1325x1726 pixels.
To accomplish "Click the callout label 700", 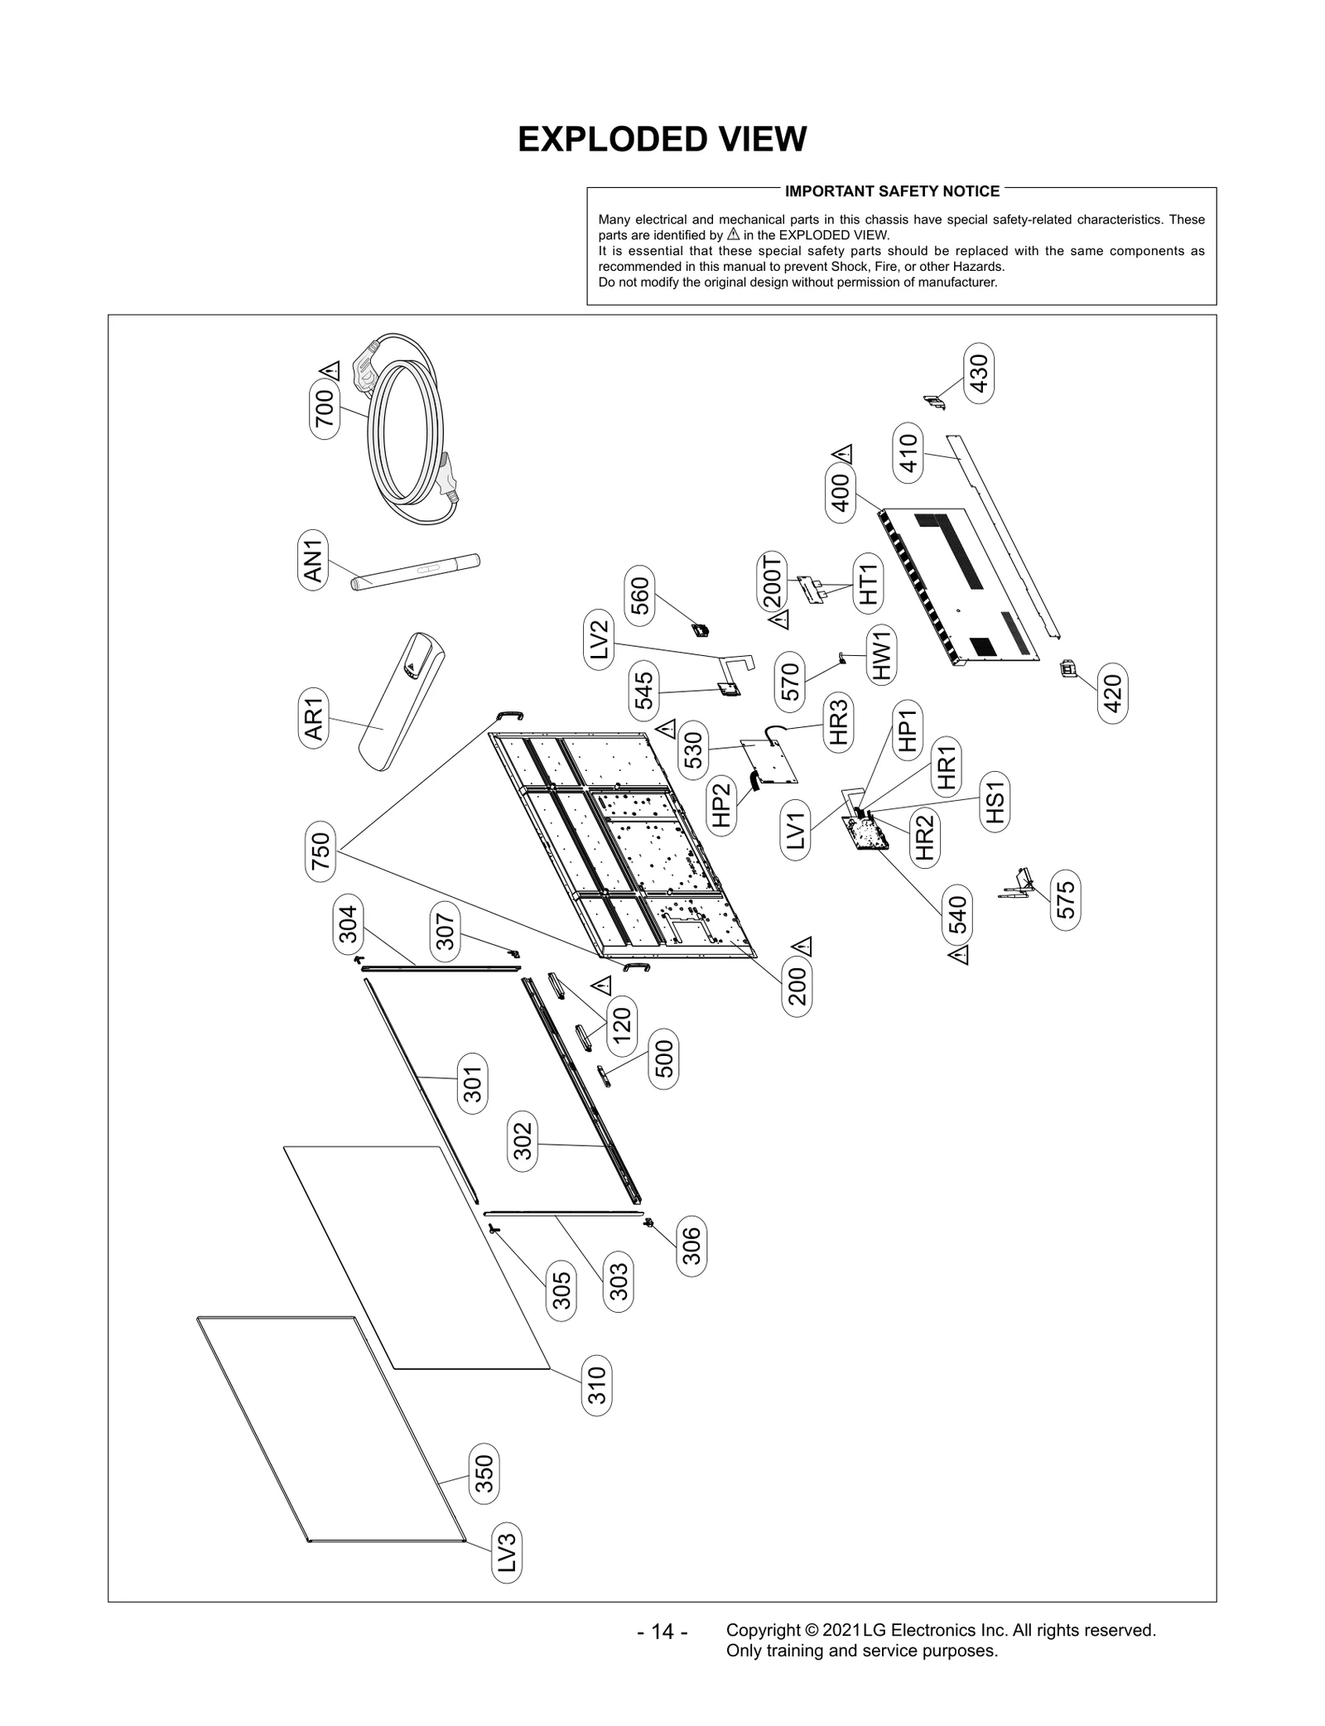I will point(325,407).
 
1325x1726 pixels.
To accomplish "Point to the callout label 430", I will point(980,374).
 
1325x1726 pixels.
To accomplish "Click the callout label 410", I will point(908,453).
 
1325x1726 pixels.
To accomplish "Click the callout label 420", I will point(1113,693).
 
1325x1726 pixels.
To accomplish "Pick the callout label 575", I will point(1066,899).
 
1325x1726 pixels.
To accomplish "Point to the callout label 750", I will point(320,851).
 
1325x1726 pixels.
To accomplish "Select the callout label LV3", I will point(507,1552).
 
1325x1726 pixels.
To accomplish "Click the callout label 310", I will point(597,1385).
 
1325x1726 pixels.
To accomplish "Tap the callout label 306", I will point(691,1246).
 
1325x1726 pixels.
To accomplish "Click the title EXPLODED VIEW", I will point(662,139).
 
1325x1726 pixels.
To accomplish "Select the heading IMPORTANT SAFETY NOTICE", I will point(892,191).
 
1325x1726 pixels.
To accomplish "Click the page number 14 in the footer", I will point(662,1632).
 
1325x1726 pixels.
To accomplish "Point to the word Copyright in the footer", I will point(763,1630).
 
